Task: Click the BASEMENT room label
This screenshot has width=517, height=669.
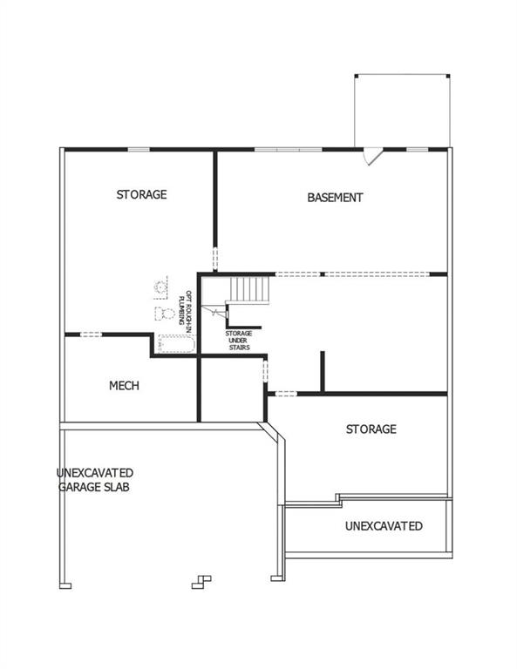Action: coord(335,198)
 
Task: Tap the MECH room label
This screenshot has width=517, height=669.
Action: coord(124,386)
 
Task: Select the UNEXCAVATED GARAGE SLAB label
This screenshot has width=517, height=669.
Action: coord(95,480)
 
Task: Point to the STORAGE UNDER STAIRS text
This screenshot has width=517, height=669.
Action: coord(239,341)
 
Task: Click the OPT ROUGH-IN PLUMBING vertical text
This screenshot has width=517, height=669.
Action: coord(185,308)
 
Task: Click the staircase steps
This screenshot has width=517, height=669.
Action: coord(249,290)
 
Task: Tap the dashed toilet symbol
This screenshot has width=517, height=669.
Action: coord(165,314)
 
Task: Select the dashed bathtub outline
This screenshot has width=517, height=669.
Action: coord(177,344)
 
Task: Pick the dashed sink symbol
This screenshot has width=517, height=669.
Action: coord(160,287)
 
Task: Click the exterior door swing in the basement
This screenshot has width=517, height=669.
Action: coord(372,156)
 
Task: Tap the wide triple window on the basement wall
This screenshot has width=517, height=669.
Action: coord(289,149)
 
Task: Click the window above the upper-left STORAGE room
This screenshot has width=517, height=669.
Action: coord(139,149)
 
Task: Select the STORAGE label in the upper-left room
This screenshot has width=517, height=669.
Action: coord(142,194)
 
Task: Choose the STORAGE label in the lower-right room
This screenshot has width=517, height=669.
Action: coord(371,429)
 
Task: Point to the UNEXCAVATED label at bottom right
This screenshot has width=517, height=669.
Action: coord(384,525)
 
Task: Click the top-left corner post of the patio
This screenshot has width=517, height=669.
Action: coord(357,76)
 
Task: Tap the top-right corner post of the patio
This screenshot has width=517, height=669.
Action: coord(448,76)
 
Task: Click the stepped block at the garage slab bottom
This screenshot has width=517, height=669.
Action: coord(201,583)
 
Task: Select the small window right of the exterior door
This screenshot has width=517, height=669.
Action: coord(417,149)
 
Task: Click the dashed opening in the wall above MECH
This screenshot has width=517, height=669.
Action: coord(91,334)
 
